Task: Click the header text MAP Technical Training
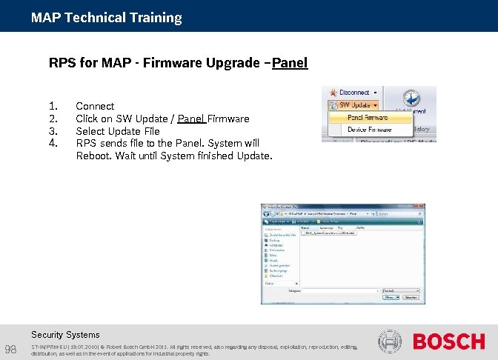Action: point(106,17)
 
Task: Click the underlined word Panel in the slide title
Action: point(290,63)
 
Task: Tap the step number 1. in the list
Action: point(52,106)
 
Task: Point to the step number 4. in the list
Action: point(53,143)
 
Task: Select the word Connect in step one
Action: point(95,106)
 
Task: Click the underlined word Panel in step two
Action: point(191,119)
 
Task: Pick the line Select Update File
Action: point(117,131)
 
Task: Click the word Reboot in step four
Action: point(94,156)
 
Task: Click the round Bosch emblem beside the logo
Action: point(390,341)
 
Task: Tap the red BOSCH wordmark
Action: point(448,341)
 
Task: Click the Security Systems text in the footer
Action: point(65,335)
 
